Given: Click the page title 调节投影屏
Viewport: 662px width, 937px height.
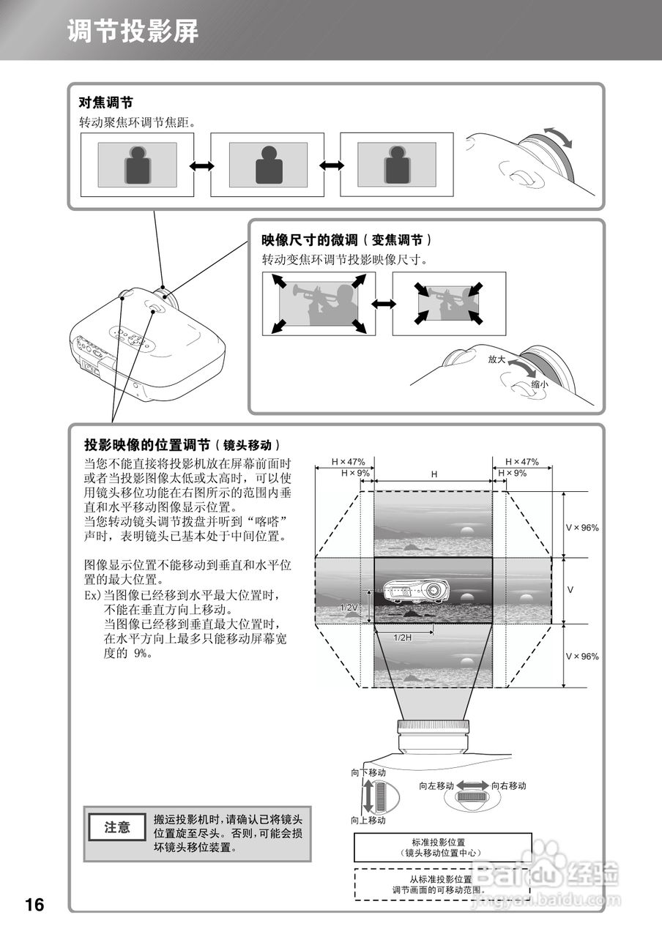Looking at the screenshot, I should [133, 31].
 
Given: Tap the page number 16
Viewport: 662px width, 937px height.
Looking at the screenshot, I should [34, 905].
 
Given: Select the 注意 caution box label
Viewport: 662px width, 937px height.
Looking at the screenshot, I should [117, 828].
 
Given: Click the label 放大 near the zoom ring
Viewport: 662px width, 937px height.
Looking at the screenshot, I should [497, 359].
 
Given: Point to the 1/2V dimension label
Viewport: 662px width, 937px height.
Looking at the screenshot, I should [349, 608].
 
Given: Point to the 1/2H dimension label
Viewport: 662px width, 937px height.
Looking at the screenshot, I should [403, 638].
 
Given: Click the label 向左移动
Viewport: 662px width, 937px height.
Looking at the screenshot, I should [436, 785].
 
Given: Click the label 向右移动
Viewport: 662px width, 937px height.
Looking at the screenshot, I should [508, 785].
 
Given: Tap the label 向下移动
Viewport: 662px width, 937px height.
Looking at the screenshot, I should [368, 772].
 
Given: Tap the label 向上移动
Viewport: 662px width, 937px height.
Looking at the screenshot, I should [368, 821].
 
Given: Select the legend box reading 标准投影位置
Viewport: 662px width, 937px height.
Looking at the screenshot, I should [442, 847].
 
